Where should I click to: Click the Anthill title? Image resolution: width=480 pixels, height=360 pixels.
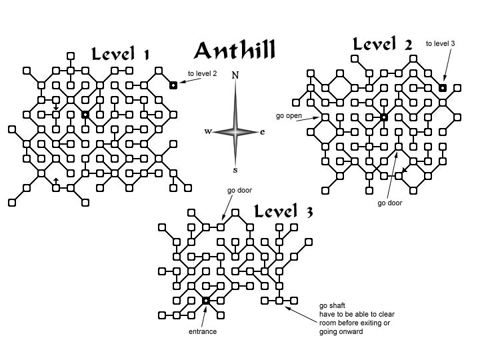tap(235, 51)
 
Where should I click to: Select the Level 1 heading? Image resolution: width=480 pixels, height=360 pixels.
tap(120, 54)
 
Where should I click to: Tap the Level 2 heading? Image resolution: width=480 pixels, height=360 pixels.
tap(382, 44)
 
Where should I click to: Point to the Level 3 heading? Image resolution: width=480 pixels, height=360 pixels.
tap(283, 211)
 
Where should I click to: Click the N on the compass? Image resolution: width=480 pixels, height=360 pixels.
tap(235, 75)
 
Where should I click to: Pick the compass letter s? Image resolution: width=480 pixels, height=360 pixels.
tap(235, 170)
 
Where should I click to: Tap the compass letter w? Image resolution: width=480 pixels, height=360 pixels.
tap(208, 131)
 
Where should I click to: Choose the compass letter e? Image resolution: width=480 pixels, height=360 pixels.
tap(263, 132)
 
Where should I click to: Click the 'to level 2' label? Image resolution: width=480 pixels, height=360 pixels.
tap(203, 73)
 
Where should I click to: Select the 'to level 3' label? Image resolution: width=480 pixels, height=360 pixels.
tap(440, 43)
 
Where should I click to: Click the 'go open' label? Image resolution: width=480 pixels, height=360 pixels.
tap(289, 116)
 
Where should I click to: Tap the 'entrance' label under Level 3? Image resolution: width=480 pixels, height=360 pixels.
tap(203, 331)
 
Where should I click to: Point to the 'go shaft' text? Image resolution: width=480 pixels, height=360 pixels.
tap(332, 305)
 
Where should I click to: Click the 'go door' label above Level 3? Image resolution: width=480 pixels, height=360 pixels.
tap(239, 190)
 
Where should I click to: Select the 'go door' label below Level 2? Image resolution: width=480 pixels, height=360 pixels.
tap(390, 203)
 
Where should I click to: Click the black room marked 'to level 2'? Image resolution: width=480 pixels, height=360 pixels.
tap(173, 85)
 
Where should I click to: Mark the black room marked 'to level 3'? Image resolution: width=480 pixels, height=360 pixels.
tap(443, 88)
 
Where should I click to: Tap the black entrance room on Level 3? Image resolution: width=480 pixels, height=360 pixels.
tap(206, 301)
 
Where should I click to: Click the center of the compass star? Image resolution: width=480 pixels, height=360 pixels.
tap(235, 132)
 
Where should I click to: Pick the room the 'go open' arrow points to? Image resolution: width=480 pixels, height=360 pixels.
tap(325, 117)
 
